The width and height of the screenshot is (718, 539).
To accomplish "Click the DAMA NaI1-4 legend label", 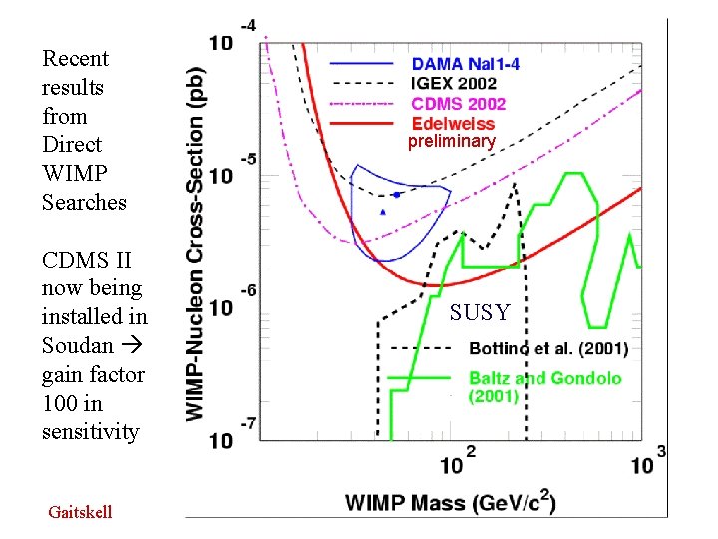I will (x=465, y=64).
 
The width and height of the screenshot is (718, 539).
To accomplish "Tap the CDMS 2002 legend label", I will (x=459, y=104).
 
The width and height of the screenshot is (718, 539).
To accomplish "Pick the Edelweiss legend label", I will (x=453, y=124).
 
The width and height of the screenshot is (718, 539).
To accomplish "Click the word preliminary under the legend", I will (x=451, y=142).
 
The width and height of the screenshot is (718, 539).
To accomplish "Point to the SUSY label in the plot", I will (x=479, y=313).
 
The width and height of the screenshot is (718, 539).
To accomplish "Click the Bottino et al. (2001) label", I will (x=547, y=349).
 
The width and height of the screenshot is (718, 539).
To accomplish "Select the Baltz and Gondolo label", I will (x=544, y=378).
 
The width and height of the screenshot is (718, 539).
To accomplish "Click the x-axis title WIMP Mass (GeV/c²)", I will (x=451, y=501).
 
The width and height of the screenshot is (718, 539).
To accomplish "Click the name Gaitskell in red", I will (x=80, y=512).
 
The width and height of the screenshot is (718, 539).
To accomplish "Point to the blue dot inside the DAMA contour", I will (x=397, y=194).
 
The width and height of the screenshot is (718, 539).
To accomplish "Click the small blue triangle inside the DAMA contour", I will (x=383, y=212).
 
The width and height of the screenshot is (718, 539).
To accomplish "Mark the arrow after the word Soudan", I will (x=133, y=346).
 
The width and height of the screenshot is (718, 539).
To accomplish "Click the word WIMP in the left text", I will (x=71, y=173).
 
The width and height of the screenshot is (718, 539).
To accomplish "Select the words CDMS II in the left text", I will (x=86, y=261).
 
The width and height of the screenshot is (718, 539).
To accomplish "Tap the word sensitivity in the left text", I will (x=90, y=432).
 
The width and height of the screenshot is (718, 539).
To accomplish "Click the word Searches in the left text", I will (x=84, y=202).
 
